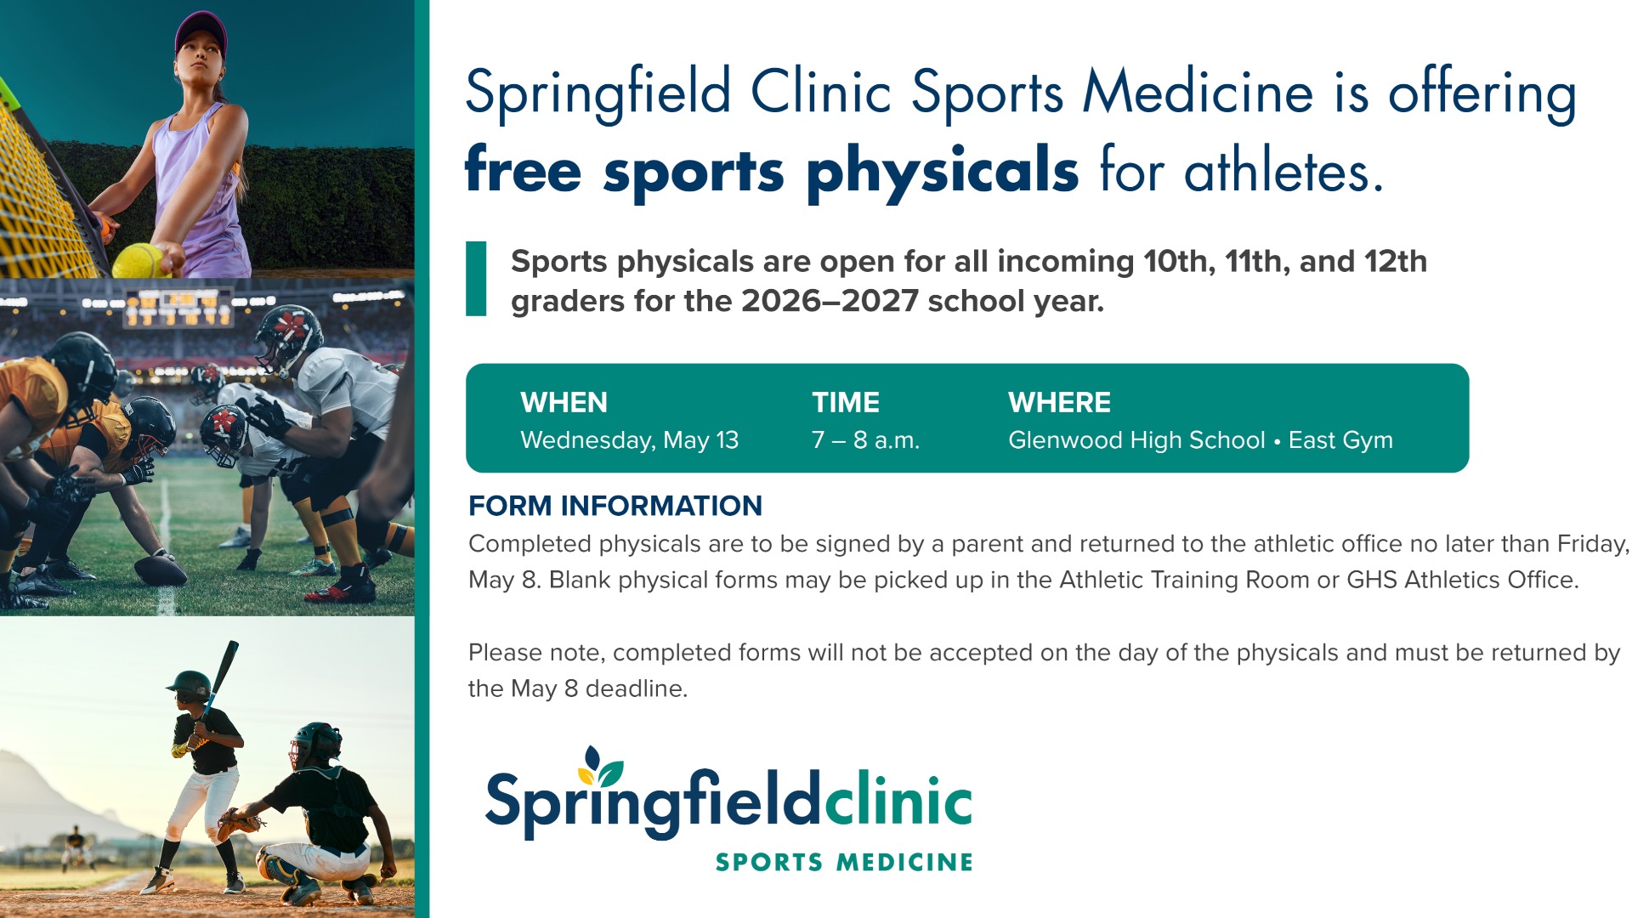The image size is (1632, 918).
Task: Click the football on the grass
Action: pos(161,570)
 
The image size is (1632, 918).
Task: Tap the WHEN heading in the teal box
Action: pos(564,402)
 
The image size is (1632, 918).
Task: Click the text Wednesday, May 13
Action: pos(629,440)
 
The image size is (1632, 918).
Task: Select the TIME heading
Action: pos(846,402)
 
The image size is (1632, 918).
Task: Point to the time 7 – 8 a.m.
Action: pos(865,440)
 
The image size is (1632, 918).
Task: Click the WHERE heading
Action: pos(1059,402)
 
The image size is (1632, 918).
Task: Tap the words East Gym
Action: pos(1340,440)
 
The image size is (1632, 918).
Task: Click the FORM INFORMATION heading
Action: pos(615,506)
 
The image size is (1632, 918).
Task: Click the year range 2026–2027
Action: pos(830,301)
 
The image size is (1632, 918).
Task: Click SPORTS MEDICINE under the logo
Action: pos(844,862)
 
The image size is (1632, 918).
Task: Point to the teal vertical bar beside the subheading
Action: pos(476,279)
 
